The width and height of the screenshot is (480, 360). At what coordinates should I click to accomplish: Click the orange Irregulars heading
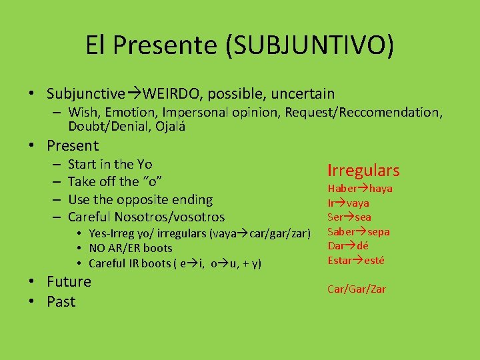363,171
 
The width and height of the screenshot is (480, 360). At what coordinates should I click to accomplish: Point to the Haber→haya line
360,189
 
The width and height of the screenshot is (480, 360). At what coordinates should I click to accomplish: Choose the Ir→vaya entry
348,203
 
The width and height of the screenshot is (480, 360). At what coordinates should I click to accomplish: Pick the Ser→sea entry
349,217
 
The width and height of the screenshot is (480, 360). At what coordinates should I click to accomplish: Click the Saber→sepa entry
358,231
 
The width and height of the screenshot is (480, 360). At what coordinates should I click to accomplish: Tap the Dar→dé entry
348,245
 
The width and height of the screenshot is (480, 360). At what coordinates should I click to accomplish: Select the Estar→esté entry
356,260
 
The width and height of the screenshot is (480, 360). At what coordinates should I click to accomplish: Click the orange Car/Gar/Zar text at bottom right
357,289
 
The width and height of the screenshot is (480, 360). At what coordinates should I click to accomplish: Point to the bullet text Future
69,281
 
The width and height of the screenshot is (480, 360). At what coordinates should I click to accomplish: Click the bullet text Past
61,301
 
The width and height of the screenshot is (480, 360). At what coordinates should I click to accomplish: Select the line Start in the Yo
110,164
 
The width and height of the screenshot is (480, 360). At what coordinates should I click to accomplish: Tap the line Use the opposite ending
140,199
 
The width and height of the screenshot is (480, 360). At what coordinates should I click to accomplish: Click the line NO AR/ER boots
130,248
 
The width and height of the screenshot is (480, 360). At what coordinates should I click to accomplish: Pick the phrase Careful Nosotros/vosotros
146,217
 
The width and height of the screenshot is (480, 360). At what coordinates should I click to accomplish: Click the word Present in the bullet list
73,145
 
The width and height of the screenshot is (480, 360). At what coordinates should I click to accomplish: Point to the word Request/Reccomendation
363,112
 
